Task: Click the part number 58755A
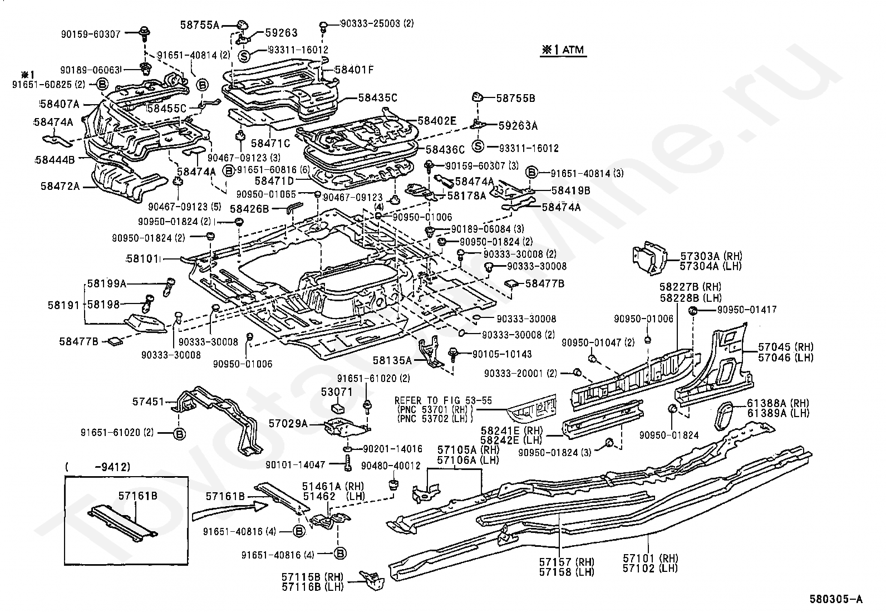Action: (x=199, y=25)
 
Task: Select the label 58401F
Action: (x=354, y=70)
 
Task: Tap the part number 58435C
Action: (x=378, y=98)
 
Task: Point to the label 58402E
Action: (x=437, y=120)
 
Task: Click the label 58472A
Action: (x=60, y=186)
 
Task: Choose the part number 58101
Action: (x=142, y=260)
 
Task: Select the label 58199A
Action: (x=107, y=283)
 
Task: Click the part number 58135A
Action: (x=392, y=360)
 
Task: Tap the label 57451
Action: (x=148, y=402)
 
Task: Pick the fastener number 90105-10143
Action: (x=502, y=354)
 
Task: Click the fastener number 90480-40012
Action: (x=391, y=466)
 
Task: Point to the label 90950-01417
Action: (x=747, y=310)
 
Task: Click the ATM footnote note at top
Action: (x=563, y=50)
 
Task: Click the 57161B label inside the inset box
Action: (x=138, y=496)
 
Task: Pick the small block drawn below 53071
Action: (x=337, y=408)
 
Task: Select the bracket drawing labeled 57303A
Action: (x=649, y=257)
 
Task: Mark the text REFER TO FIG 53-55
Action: (x=443, y=400)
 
